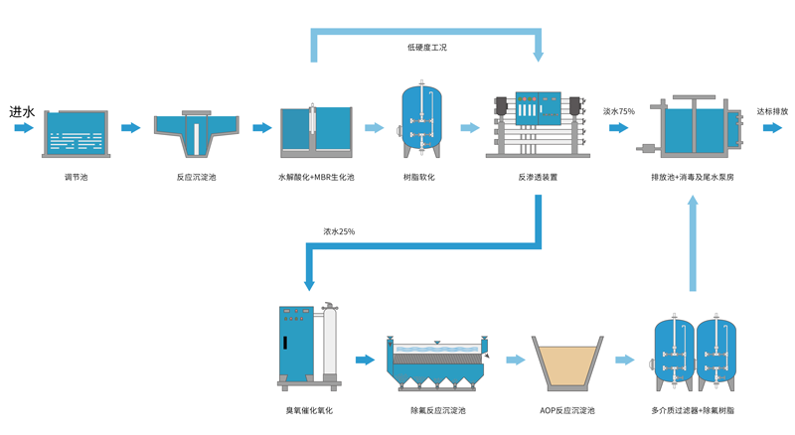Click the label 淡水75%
(x=619, y=111)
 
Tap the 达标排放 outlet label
(x=771, y=111)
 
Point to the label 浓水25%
(x=339, y=231)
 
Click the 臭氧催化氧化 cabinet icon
(x=308, y=346)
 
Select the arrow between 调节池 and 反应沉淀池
(x=130, y=127)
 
